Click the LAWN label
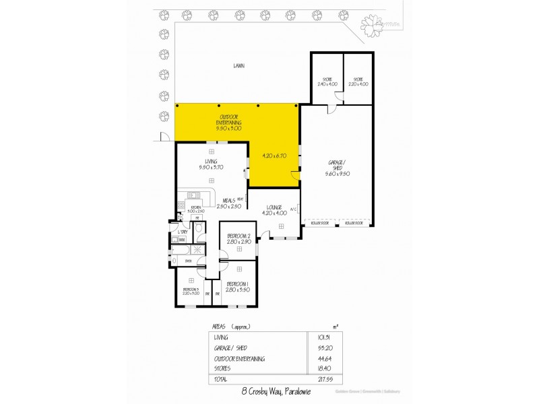click(x=239, y=67)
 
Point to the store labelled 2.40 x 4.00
click(x=327, y=81)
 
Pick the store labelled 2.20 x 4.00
click(x=359, y=81)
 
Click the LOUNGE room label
click(x=278, y=208)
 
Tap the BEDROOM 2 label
click(x=239, y=238)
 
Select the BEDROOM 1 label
click(x=238, y=286)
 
